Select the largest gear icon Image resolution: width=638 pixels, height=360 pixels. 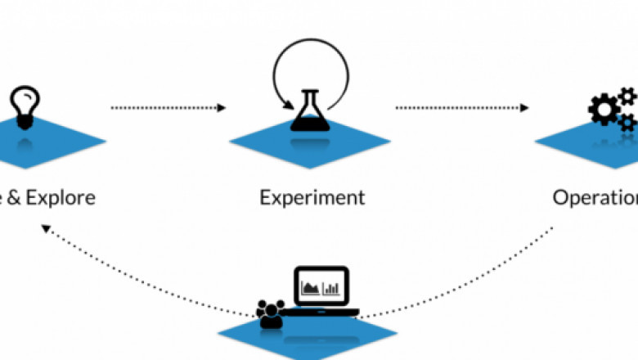coord(604,110)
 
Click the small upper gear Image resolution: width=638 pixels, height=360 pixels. coord(627,97)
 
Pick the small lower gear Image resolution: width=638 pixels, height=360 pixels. coord(627,123)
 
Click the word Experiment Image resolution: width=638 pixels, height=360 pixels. coord(312,197)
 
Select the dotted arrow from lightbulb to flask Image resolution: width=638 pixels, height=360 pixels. coord(168,107)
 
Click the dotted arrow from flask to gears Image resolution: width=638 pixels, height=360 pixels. coord(462,107)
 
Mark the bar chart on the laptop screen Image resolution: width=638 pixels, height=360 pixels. coord(332,288)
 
